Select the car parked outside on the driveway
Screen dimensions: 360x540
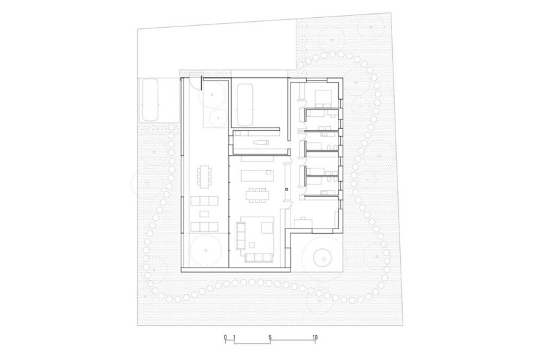(x=150, y=98)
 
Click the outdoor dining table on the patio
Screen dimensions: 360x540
(x=203, y=177)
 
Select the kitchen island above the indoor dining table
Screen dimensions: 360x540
(x=257, y=174)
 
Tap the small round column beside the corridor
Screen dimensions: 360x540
(x=287, y=190)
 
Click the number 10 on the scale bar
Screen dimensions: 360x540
(x=316, y=338)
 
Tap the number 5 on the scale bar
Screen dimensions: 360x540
(x=271, y=338)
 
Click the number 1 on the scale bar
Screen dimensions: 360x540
(x=234, y=338)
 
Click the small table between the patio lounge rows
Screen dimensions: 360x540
(x=203, y=213)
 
